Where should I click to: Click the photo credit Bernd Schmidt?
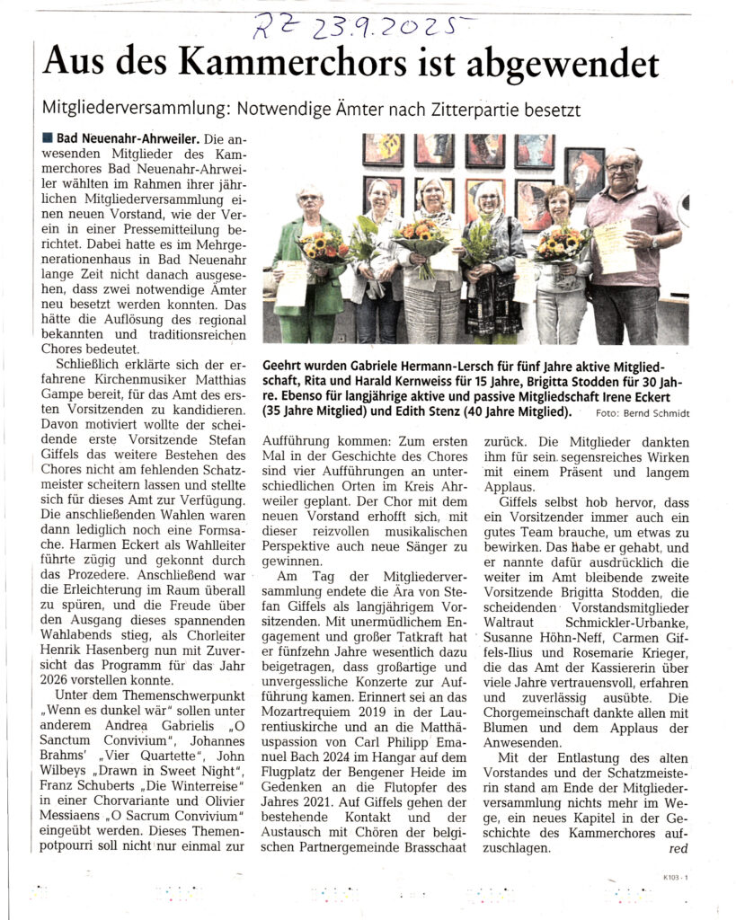(x=653, y=413)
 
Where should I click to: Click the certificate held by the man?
(x=613, y=245)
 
